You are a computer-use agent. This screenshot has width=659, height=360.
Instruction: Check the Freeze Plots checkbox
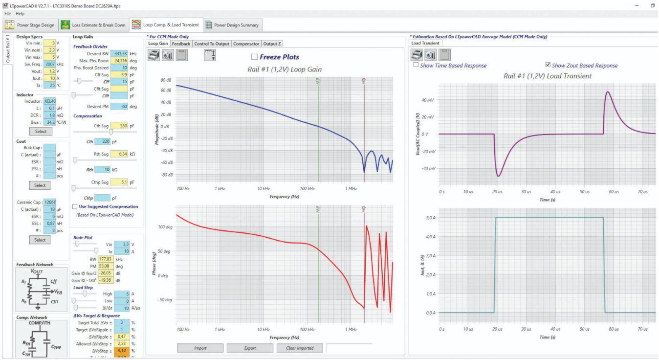[x=254, y=57]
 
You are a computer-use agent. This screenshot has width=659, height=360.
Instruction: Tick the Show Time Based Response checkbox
[x=416, y=65]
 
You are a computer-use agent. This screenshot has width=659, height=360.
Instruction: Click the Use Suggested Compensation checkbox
[x=75, y=206]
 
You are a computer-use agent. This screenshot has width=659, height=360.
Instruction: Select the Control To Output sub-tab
[x=212, y=44]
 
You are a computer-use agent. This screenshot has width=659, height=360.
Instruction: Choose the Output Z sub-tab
[x=272, y=44]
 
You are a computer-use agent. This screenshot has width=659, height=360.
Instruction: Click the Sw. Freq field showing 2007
[x=49, y=64]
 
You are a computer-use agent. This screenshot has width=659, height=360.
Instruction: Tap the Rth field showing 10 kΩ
[x=102, y=170]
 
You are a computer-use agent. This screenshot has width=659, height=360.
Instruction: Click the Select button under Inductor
[x=41, y=131]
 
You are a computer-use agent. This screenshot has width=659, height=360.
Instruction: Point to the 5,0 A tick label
[x=429, y=218]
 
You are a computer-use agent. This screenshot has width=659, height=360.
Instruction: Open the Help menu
[x=20, y=14]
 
